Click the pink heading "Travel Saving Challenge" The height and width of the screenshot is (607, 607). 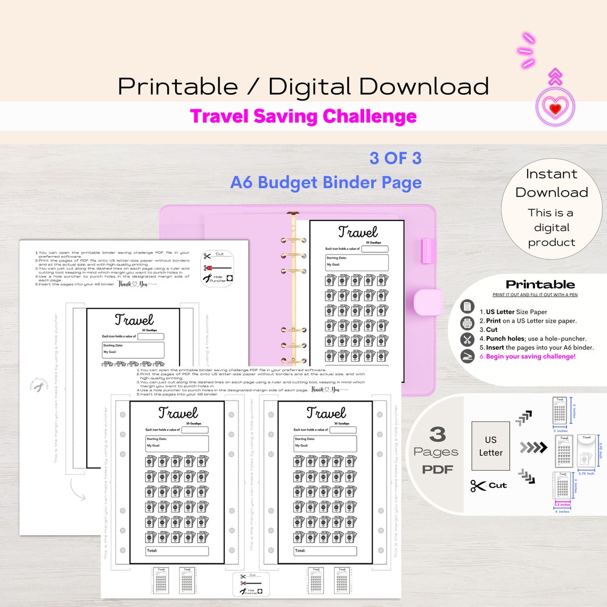coord(303,116)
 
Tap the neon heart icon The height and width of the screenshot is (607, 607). coord(555,108)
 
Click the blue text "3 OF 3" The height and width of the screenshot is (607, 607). coord(395,158)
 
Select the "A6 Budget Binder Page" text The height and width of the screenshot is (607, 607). coord(326,183)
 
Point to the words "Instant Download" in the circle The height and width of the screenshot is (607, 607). coord(552,183)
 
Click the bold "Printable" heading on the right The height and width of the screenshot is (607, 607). coord(540,284)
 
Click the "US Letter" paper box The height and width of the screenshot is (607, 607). coord(490,446)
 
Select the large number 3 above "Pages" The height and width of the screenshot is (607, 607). coord(437,434)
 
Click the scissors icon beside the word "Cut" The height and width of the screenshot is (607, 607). coord(478,486)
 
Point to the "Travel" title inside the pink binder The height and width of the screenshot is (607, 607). coord(358,232)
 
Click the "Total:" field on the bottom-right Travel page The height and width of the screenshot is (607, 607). coord(325,551)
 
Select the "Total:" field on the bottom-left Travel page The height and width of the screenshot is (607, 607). coord(177,551)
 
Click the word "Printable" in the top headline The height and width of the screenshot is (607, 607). coord(177,87)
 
